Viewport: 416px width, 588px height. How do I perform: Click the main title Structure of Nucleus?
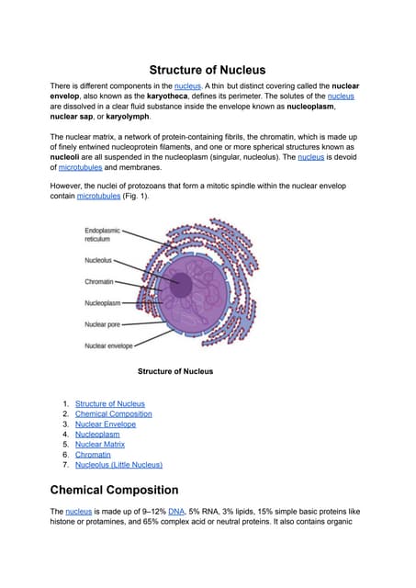(208, 70)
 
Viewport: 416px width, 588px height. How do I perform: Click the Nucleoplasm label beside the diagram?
(103, 302)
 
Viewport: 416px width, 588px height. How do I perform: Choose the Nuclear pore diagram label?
(104, 323)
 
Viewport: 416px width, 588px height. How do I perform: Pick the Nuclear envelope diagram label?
(108, 345)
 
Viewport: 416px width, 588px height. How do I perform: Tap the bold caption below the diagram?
(174, 371)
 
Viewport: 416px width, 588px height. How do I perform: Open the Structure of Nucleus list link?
(109, 403)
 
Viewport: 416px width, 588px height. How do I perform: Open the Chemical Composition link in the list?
(113, 413)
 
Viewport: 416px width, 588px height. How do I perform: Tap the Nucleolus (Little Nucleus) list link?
(118, 464)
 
